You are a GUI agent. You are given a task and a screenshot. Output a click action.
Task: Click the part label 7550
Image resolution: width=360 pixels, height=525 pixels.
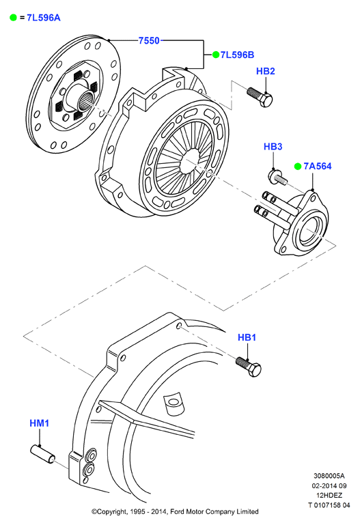coord(149,40)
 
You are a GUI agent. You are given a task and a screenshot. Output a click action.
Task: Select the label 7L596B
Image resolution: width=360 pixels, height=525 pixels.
coord(238,55)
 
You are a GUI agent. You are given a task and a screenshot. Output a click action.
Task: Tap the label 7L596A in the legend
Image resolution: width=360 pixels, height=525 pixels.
coord(44,18)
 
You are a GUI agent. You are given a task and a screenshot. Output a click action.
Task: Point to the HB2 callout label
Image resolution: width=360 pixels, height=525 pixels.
coord(266,71)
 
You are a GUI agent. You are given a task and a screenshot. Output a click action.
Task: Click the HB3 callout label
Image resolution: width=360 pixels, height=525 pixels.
coord(273,146)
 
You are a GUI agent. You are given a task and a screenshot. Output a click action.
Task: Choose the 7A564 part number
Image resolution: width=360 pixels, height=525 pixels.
coord(318,166)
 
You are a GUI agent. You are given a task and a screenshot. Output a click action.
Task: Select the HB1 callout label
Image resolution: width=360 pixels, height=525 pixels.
coord(247,337)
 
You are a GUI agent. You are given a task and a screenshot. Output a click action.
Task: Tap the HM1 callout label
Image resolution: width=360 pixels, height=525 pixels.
coord(40,423)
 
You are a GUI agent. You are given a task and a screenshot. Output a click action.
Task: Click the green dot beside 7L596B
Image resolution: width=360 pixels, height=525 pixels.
coord(216,55)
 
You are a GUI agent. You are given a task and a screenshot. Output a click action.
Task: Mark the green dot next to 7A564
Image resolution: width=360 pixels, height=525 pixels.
coord(298,166)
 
